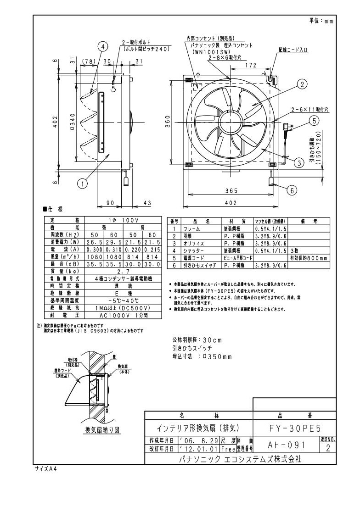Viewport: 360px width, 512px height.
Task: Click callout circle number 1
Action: (x=83, y=184)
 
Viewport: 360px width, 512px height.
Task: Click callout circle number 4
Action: (x=103, y=46)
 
